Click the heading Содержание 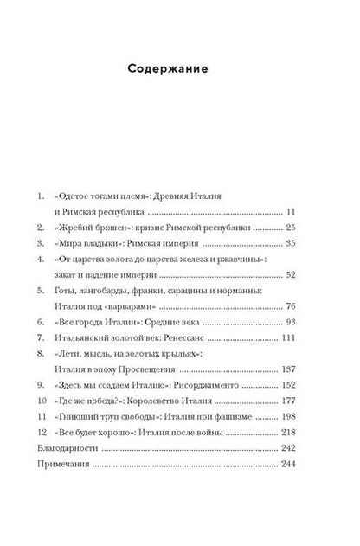(x=180, y=69)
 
